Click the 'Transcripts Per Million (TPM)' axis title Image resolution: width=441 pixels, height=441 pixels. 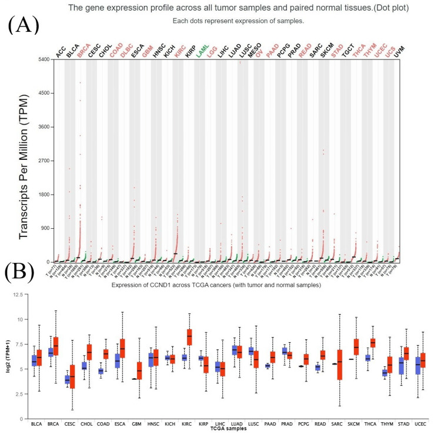click(25, 161)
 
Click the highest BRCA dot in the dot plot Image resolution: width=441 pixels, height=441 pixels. click(80, 83)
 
